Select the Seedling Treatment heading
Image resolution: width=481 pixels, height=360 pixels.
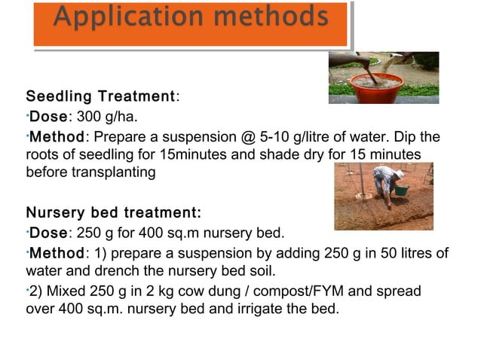pos(100,97)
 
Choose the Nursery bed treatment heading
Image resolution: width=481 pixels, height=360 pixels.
pos(113,211)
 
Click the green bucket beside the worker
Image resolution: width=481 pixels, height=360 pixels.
pos(401,191)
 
